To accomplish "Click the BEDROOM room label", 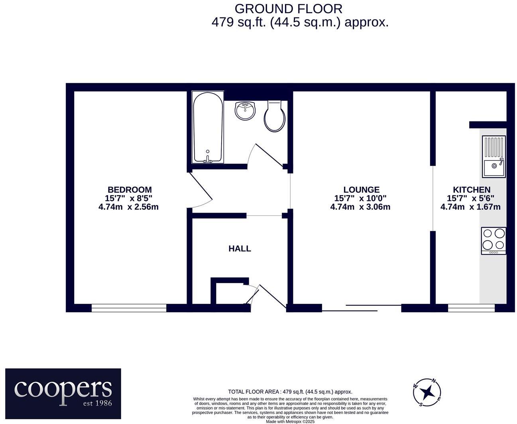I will (x=130, y=190).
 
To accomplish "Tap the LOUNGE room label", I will (x=361, y=190).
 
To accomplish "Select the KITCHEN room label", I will (x=471, y=190).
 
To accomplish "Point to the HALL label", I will (x=240, y=249).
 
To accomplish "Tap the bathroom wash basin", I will (x=245, y=110).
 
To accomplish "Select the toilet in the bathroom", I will (x=275, y=115).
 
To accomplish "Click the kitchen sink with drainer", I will (x=493, y=156).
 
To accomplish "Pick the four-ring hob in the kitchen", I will (x=493, y=240).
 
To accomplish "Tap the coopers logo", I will (x=63, y=393).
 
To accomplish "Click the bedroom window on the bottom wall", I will (x=129, y=308).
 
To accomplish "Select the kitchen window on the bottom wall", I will (x=471, y=308).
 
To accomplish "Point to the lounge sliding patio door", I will (x=361, y=308).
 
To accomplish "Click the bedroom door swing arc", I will (x=201, y=191).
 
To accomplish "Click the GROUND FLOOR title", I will (x=288, y=8).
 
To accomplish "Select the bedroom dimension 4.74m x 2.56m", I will (x=128, y=207).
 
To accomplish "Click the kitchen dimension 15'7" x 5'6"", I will (x=470, y=198).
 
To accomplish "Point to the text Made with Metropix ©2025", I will (x=290, y=422).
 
